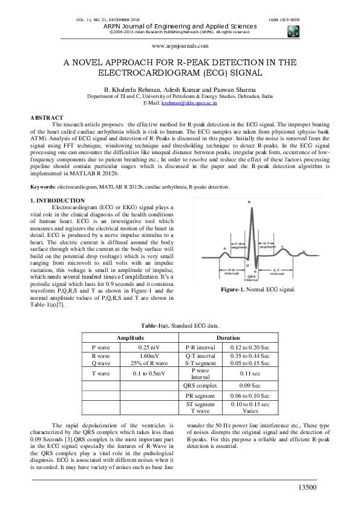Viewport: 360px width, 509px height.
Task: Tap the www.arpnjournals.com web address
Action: click(x=180, y=46)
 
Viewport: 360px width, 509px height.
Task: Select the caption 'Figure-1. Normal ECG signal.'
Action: click(x=258, y=290)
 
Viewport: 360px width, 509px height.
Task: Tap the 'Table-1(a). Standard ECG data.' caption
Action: click(x=180, y=325)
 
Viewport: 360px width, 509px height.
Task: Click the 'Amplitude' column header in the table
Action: click(x=130, y=337)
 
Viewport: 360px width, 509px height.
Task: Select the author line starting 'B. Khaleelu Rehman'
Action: click(x=180, y=89)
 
